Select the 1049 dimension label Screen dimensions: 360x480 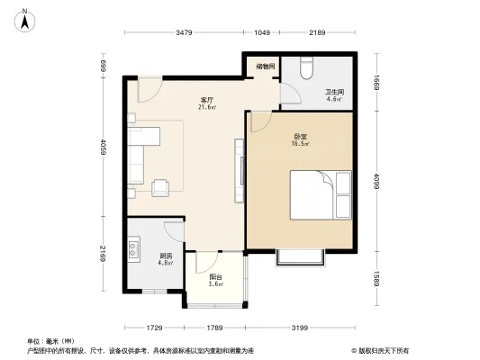pos(262,33)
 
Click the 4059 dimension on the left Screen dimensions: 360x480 pos(104,148)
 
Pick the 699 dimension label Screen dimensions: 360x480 pos(104,67)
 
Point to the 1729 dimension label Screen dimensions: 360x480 pos(154,327)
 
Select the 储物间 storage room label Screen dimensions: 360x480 pos(264,66)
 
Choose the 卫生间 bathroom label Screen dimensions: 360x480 pos(334,94)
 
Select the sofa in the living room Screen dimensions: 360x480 pos(142,158)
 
